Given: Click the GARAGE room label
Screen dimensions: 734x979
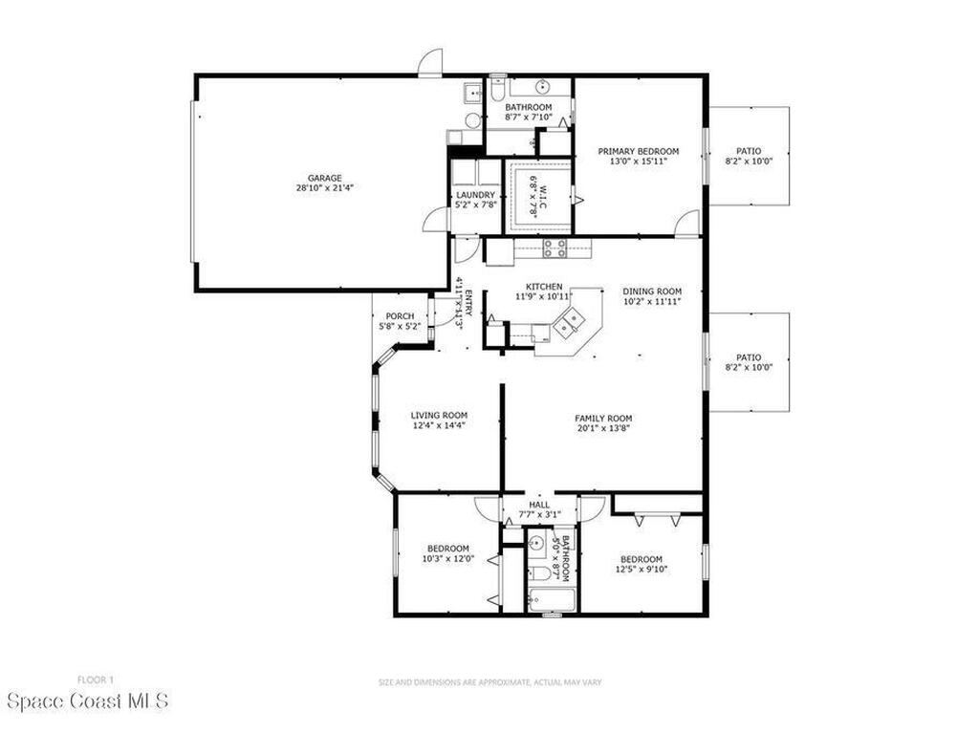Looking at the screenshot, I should [325, 178].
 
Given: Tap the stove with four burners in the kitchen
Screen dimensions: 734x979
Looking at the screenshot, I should [555, 249].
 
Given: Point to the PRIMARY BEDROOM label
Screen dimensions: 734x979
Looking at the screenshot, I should [639, 151].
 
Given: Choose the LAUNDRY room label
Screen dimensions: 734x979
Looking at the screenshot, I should [476, 194].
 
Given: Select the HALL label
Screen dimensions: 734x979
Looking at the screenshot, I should [540, 506].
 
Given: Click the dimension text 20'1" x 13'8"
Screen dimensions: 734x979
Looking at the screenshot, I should [603, 428].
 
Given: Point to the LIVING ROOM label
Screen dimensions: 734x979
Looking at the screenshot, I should [440, 415].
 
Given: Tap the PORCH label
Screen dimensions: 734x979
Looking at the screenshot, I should [400, 316].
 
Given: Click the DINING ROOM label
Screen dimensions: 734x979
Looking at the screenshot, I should [652, 291].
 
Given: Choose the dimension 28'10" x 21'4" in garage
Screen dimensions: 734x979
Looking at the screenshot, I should [325, 188].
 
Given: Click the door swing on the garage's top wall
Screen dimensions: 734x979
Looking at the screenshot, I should [431, 62].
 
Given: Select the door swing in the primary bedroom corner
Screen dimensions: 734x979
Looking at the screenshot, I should [686, 225].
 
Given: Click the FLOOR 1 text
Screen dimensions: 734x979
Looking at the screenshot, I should [95, 680].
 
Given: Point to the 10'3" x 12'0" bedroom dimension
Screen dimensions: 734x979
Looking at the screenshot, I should [448, 558].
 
